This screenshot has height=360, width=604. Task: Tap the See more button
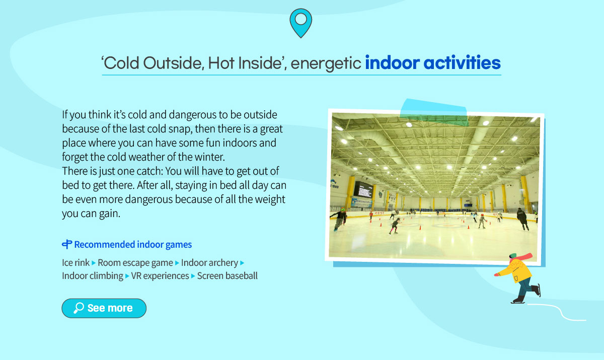[x=104, y=308]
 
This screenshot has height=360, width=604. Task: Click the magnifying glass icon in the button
[x=79, y=308]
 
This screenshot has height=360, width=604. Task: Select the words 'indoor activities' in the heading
[x=433, y=63]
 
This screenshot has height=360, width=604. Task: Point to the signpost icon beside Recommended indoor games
[x=67, y=244]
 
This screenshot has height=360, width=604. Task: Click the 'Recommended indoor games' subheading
[x=133, y=244]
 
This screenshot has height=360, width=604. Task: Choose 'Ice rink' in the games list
[x=76, y=262]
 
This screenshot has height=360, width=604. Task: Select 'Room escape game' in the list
[x=135, y=263]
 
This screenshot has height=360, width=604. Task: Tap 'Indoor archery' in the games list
[x=209, y=263]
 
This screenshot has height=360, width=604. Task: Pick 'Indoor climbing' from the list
[x=93, y=276]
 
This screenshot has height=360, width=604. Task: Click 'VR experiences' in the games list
[x=160, y=276]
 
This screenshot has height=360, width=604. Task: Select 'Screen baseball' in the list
[x=228, y=275]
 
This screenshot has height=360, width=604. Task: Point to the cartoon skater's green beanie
[x=513, y=255]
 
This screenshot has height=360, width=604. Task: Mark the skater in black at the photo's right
[x=523, y=219]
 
